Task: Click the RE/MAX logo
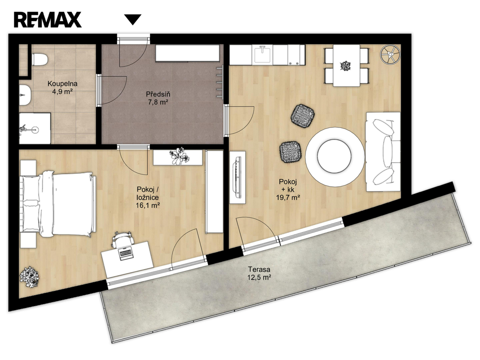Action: click(x=47, y=20)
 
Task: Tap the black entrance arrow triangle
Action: click(x=133, y=19)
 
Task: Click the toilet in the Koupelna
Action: click(x=39, y=60)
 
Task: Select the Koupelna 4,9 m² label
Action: click(x=62, y=87)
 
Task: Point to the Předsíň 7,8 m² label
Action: click(x=158, y=98)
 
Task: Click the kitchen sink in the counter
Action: click(x=262, y=54)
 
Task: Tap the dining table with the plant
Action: click(x=346, y=66)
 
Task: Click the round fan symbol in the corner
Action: click(x=390, y=54)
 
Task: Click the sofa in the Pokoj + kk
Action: click(x=382, y=152)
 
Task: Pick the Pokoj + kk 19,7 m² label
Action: click(x=288, y=189)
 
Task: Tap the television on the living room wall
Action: click(x=238, y=177)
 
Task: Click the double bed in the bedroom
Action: click(x=57, y=203)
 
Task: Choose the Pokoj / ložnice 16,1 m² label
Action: click(x=148, y=197)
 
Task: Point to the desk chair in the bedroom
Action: click(x=123, y=239)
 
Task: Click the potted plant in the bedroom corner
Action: click(x=30, y=277)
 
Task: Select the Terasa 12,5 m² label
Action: click(x=259, y=274)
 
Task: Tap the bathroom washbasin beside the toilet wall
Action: click(x=25, y=95)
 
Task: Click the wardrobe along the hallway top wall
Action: click(x=187, y=53)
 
